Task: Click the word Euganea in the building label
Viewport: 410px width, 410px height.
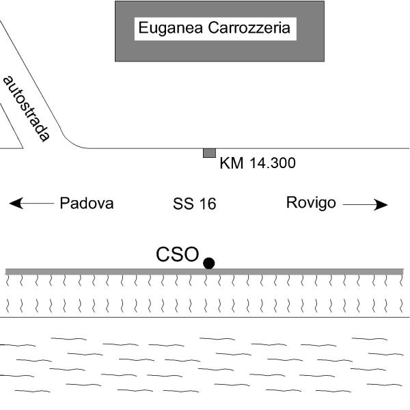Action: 170,28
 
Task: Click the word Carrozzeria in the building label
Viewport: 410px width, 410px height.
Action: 249,27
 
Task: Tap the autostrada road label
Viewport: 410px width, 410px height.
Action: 27,109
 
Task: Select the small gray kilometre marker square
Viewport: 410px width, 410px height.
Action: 210,153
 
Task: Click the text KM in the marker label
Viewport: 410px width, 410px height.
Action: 232,163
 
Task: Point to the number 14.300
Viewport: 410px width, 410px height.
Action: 273,163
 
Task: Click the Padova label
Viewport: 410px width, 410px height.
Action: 87,203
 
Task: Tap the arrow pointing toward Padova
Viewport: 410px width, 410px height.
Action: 31,203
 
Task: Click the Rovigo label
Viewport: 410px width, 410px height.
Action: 311,203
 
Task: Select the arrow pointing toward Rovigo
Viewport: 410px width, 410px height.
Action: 365,205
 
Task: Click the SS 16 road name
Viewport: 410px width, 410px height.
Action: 195,204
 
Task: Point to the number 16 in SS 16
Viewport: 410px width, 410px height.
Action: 208,204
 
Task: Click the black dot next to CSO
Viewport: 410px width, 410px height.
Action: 209,263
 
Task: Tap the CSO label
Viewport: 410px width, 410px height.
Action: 177,254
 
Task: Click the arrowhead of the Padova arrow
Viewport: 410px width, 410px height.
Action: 16,203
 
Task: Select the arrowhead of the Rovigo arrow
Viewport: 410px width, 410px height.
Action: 381,205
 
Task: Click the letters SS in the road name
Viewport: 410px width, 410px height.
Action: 183,204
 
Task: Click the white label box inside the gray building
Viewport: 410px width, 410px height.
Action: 215,29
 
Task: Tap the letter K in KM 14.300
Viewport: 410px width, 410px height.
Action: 225,163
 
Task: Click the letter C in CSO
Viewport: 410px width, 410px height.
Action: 162,254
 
